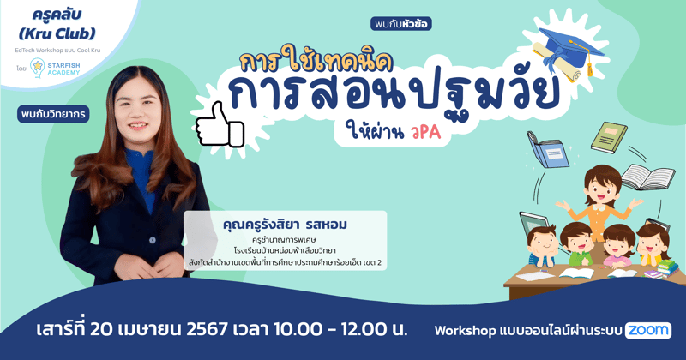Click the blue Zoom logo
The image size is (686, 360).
648,330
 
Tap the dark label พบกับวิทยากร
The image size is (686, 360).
53,114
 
